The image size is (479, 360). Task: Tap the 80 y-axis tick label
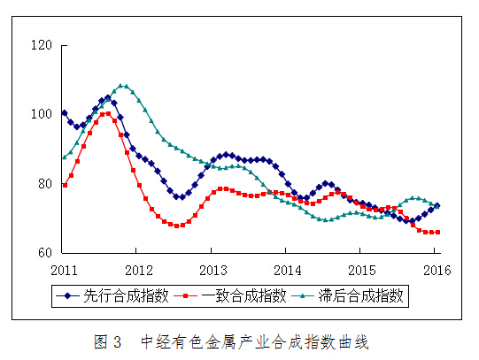44,184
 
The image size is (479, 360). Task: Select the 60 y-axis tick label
44,253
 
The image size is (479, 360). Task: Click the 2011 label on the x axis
65,268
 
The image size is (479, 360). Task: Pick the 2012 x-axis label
138,268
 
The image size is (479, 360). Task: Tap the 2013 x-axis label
212,268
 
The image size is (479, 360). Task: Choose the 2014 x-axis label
287,268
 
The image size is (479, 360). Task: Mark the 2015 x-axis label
361,268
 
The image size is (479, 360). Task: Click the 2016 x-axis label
435,268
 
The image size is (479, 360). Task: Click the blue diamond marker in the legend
69,295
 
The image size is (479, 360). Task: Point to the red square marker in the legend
188,295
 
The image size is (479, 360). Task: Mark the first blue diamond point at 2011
65,113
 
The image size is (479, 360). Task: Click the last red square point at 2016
437,232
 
